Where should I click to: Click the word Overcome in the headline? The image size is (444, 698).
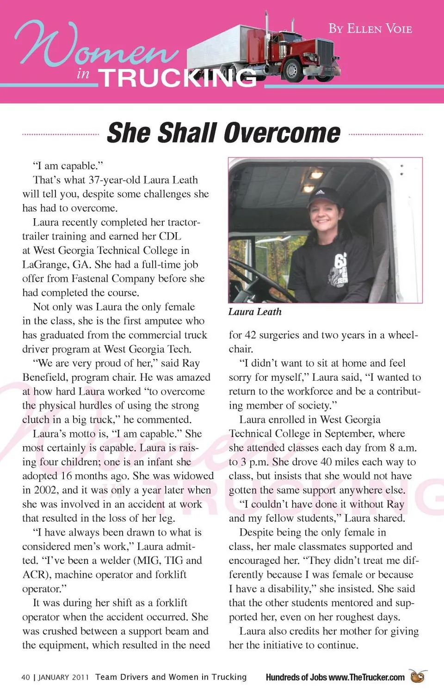tap(282, 133)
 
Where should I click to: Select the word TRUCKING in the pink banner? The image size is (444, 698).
tap(178, 78)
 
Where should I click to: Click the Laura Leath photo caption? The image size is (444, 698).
tap(255, 312)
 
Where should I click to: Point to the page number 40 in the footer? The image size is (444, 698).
tap(25, 677)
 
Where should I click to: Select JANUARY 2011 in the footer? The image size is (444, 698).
tap(63, 677)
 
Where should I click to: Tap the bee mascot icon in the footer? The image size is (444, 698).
tap(418, 676)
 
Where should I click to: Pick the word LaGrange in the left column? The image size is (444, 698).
tap(45, 265)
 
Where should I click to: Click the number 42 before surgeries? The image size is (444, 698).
tap(249, 335)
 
